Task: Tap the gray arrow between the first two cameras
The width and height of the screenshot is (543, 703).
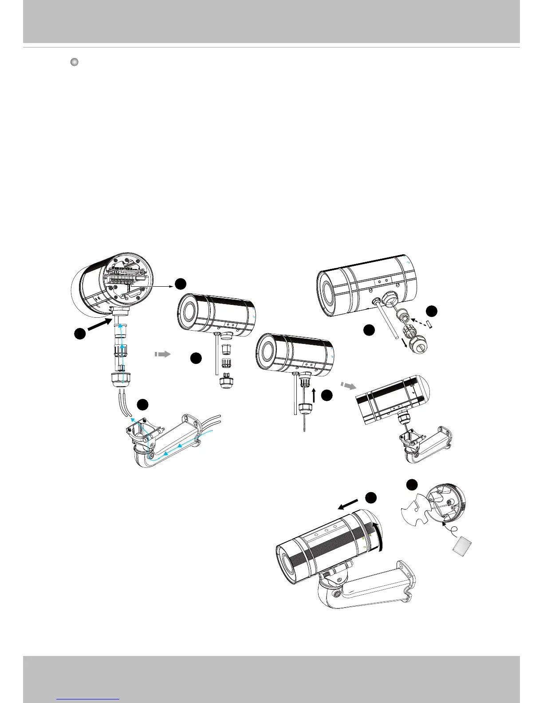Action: pyautogui.click(x=163, y=354)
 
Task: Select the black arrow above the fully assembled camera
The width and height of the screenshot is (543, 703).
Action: pyautogui.click(x=348, y=504)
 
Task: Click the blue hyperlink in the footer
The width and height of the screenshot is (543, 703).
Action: pyautogui.click(x=88, y=699)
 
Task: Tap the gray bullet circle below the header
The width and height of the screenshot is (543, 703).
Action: pyautogui.click(x=74, y=62)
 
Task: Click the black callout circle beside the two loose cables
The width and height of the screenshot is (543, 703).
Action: pyautogui.click(x=142, y=404)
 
